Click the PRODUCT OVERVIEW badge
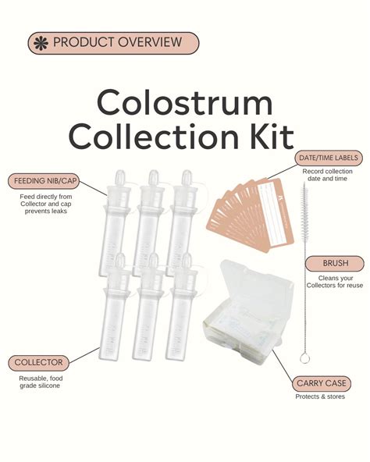(113, 43)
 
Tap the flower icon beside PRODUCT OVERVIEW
(40, 43)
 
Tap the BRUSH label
(335, 263)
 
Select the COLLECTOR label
(39, 363)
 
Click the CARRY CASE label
(322, 383)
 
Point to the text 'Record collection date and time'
(329, 176)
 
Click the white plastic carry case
(245, 304)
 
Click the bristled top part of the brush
(304, 215)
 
